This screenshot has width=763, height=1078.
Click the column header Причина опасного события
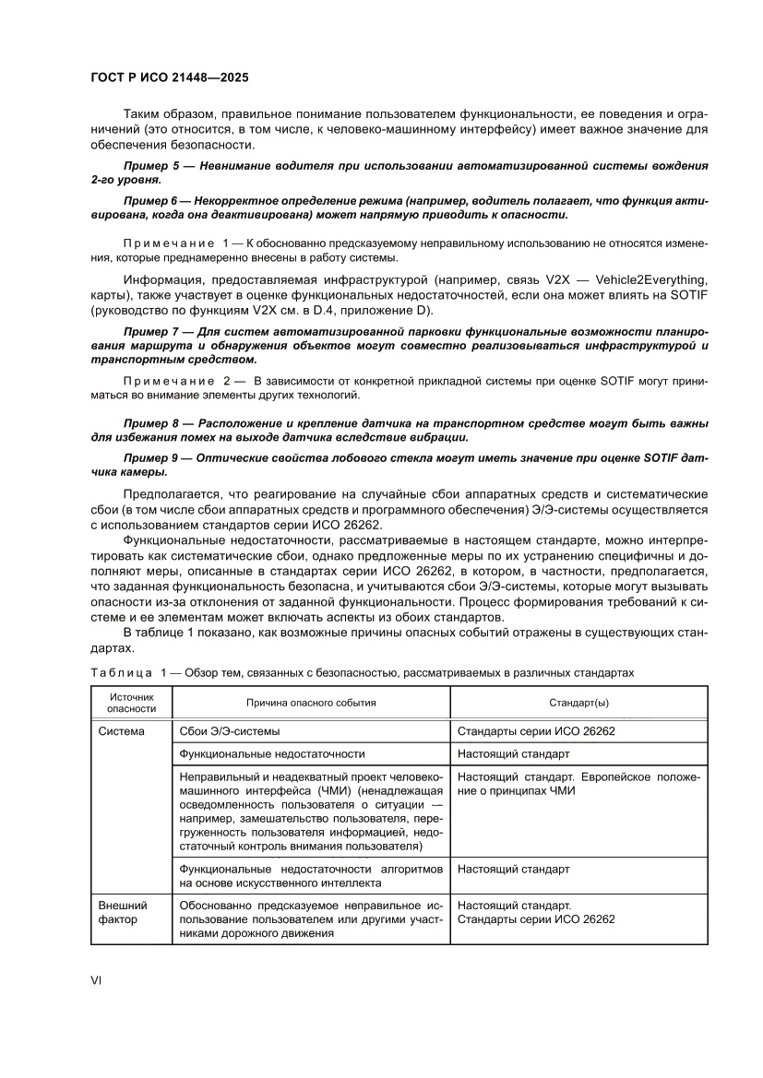tap(310, 703)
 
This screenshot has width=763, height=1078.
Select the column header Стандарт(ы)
tap(578, 703)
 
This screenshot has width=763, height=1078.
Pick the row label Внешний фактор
tap(123, 912)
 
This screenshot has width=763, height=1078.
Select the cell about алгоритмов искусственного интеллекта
tap(311, 875)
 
